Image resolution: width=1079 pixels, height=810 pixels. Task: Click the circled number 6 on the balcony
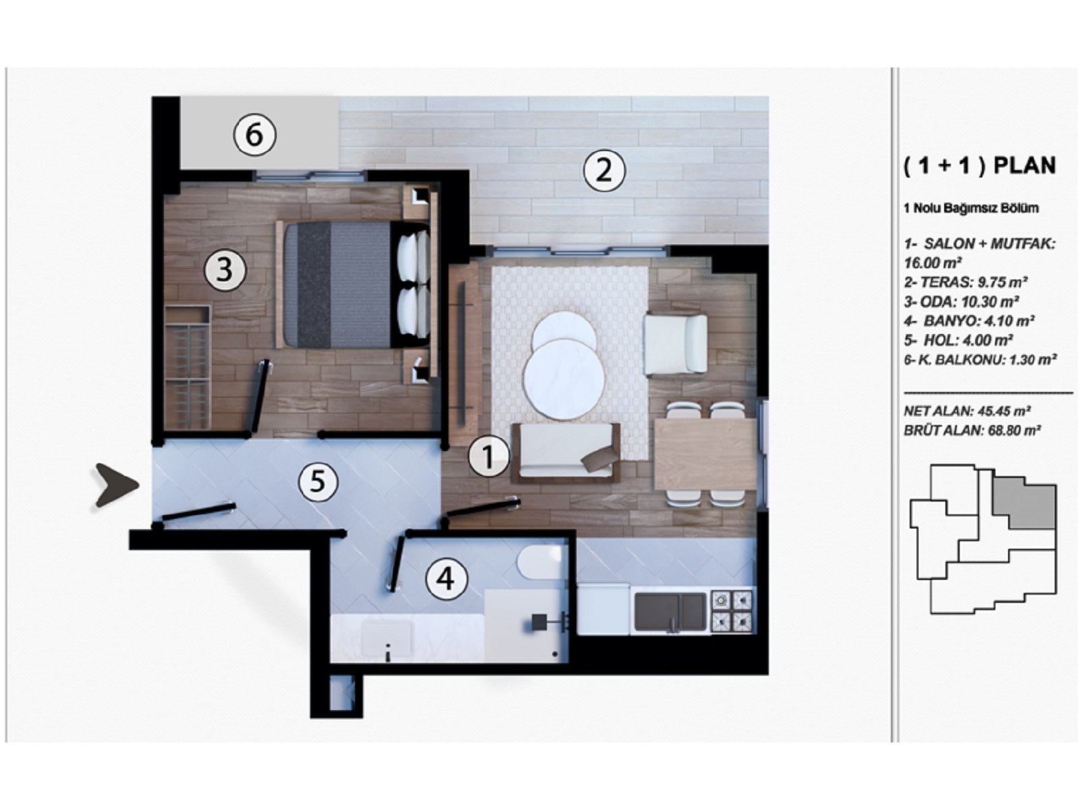pyautogui.click(x=254, y=134)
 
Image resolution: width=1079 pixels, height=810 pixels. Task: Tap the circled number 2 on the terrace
pyautogui.click(x=604, y=169)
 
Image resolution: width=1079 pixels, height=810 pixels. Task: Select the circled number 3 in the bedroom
pyautogui.click(x=225, y=270)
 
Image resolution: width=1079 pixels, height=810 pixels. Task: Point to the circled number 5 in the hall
pyautogui.click(x=317, y=481)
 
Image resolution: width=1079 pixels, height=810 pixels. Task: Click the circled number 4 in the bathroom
pyautogui.click(x=446, y=578)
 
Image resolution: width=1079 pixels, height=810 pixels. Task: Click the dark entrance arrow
pyautogui.click(x=116, y=485)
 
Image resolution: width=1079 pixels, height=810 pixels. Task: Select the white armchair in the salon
pyautogui.click(x=675, y=344)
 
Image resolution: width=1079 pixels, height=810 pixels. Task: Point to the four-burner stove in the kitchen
pyautogui.click(x=732, y=611)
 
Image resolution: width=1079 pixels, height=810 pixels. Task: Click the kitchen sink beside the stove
pyautogui.click(x=670, y=612)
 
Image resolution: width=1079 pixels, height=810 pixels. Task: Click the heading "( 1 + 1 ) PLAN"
pyautogui.click(x=979, y=165)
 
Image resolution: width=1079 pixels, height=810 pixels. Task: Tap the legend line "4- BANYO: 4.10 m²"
pyautogui.click(x=969, y=321)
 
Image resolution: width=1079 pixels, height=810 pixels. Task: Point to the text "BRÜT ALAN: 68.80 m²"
pyautogui.click(x=972, y=430)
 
